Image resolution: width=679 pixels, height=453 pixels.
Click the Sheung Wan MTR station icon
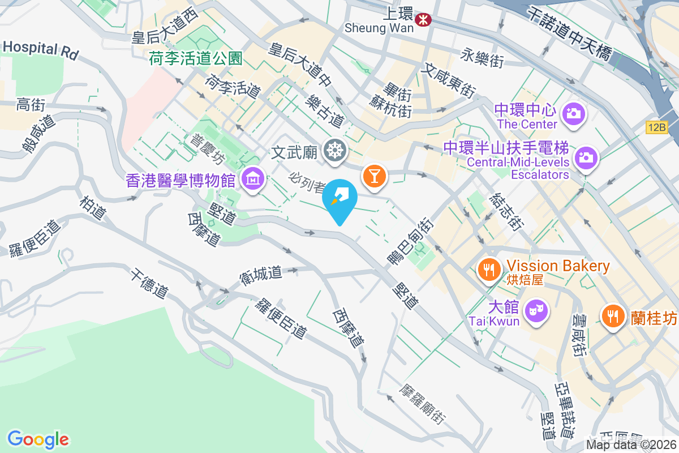[422, 20]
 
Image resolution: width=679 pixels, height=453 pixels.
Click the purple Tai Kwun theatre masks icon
[535, 311]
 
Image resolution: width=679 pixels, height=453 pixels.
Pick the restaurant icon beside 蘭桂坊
[613, 314]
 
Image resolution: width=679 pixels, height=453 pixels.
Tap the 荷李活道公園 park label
[196, 58]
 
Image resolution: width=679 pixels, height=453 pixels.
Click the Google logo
[38, 439]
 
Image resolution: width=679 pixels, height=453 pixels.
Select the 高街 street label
[31, 104]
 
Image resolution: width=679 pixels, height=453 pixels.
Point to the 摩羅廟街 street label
[421, 405]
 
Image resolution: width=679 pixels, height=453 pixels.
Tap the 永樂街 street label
[482, 58]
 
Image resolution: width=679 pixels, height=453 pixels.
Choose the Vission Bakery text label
[558, 266]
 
